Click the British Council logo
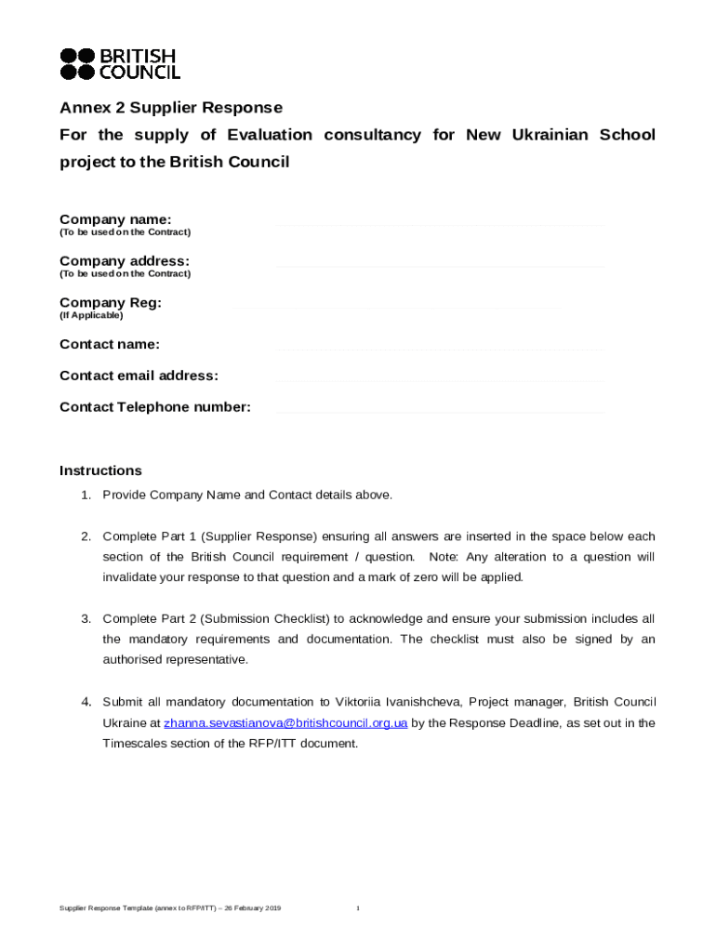tap(120, 63)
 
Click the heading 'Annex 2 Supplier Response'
tap(171, 108)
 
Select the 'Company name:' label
tap(115, 219)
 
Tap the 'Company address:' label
tap(125, 261)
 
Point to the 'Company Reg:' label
tap(111, 303)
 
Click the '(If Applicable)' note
tap(91, 316)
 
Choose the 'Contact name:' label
tap(110, 345)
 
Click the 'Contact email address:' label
tap(139, 376)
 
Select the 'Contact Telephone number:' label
tap(155, 407)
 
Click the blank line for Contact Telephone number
tap(439, 412)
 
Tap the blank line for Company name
tap(439, 224)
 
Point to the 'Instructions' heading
tap(100, 470)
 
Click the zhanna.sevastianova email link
tap(285, 723)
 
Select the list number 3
tap(85, 619)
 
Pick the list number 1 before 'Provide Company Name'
tap(85, 495)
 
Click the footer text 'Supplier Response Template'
tap(110, 907)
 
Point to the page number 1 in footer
tap(358, 907)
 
